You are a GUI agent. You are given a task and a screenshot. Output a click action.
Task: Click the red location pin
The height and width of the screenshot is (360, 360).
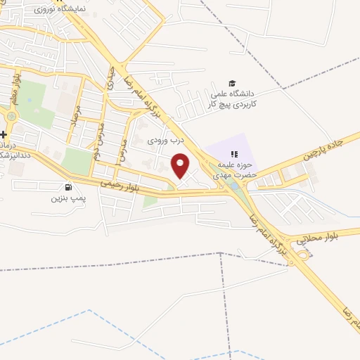[181, 166]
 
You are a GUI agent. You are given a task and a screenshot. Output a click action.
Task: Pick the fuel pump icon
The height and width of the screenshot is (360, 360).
[68, 187]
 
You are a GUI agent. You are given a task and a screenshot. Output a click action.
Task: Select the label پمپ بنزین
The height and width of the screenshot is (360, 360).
[65, 199]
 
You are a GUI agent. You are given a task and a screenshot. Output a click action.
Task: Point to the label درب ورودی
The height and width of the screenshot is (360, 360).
[165, 140]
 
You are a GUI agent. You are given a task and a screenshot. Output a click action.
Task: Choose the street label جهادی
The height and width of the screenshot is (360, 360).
[110, 82]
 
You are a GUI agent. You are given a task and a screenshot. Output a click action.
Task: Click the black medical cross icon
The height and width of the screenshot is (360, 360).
[4, 134]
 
